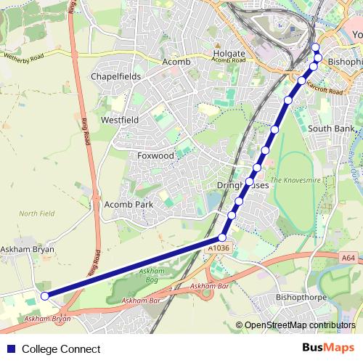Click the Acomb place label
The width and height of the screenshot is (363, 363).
coord(177,62)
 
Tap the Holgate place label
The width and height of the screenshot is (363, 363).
coord(229,54)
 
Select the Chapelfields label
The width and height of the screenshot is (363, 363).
coord(115,76)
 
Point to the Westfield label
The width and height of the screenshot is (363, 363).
coord(120,119)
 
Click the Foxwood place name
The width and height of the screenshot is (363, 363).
coord(156,155)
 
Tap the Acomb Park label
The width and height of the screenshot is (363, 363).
coord(129,205)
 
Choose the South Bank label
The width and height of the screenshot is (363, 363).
coord(331,129)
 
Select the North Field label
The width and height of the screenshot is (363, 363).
coord(37,213)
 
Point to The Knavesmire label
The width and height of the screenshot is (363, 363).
coord(290,179)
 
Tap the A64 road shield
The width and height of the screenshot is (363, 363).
coord(348,256)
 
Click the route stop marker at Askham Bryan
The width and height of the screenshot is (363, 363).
coord(44,295)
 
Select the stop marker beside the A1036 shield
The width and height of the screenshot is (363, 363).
coord(223,237)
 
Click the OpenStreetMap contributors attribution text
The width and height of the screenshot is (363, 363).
coord(299,326)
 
